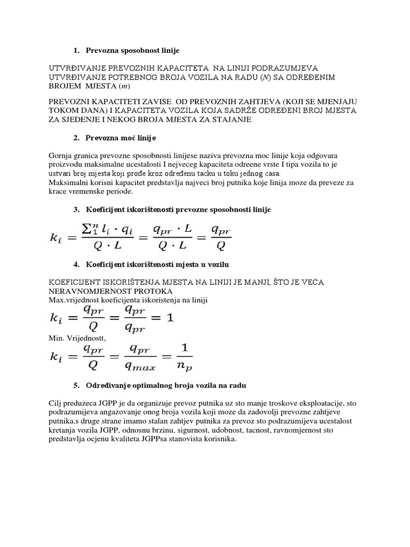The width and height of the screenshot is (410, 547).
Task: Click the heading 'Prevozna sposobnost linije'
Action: tap(132, 50)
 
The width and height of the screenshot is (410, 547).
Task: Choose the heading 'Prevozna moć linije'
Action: tap(121, 138)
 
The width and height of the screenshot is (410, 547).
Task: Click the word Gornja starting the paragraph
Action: tap(60, 155)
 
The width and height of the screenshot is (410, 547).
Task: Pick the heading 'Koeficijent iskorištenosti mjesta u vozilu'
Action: tap(157, 264)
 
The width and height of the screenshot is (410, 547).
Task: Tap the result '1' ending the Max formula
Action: tap(169, 317)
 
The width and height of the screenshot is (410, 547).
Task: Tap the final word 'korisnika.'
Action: tap(218, 439)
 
